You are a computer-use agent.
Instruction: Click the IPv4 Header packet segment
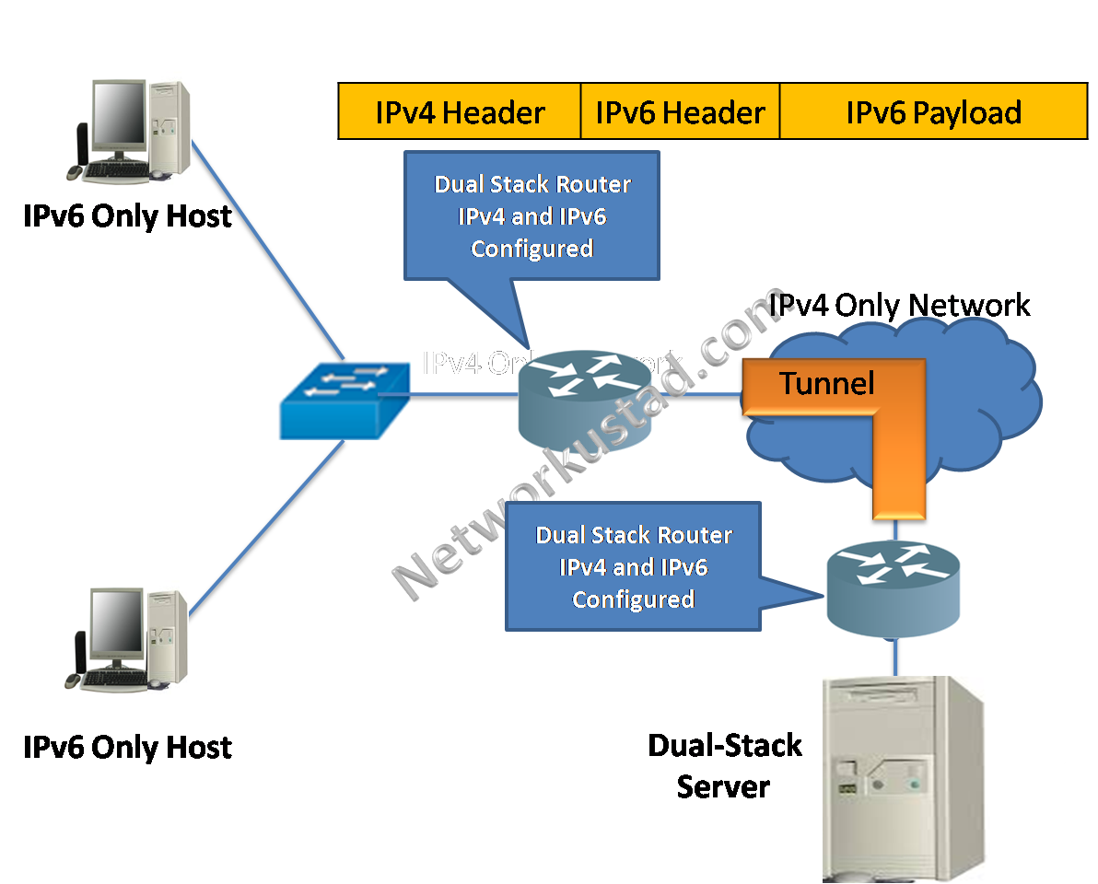460,112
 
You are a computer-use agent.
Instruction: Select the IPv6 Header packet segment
680,112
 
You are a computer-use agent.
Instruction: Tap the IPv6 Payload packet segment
933,112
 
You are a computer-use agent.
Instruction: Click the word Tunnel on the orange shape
827,382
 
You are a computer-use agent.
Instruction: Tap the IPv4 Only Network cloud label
899,305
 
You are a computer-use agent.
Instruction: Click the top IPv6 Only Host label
127,216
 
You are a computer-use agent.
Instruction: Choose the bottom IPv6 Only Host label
127,747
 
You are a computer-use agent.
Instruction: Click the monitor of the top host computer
120,120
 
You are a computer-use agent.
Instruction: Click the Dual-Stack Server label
724,765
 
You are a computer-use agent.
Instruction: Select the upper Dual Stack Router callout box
532,216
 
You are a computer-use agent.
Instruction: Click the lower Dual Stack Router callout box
634,566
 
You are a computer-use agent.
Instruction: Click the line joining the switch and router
461,395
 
